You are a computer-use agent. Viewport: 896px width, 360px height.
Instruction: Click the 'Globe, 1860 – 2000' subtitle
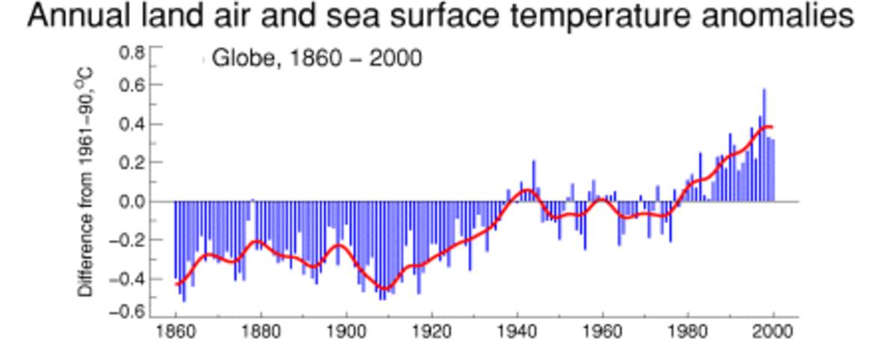pyautogui.click(x=317, y=58)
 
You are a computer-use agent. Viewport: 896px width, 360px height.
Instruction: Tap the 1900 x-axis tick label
pyautogui.click(x=346, y=333)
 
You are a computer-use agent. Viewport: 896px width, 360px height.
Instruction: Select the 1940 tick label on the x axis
pyautogui.click(x=517, y=333)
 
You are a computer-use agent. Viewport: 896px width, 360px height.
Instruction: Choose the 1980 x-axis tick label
pyautogui.click(x=688, y=333)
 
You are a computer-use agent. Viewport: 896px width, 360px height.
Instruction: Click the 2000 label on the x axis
pyautogui.click(x=774, y=333)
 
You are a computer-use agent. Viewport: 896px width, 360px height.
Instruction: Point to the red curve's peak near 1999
pyautogui.click(x=768, y=127)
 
